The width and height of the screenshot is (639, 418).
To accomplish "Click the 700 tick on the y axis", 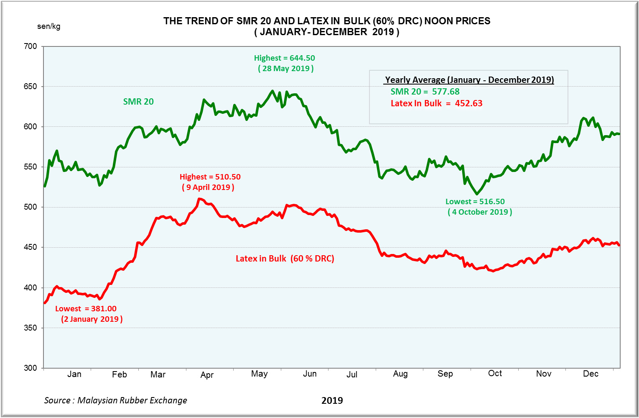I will tap(30, 46).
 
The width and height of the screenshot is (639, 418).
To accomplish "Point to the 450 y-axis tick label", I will tap(30, 247).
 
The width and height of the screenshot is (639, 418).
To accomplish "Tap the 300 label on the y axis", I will tap(30, 368).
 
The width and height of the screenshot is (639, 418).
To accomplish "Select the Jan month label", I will tap(74, 374).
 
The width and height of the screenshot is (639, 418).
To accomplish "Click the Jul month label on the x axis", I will tap(352, 374).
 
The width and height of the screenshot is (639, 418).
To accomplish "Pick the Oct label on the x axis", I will tap(495, 373).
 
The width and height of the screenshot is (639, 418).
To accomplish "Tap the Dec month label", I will tap(591, 374).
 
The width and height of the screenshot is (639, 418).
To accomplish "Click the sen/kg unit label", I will tap(48, 26).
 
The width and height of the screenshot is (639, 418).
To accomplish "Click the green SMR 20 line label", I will tap(138, 102).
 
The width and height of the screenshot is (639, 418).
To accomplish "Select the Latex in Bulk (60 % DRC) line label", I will tap(285, 259).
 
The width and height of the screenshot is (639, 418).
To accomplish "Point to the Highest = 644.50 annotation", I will tap(285, 58).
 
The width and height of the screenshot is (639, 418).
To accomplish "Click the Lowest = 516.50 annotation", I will tap(475, 202).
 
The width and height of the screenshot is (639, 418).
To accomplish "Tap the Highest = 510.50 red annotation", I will tap(210, 177).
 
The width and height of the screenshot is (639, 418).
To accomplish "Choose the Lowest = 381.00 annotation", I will tap(86, 309).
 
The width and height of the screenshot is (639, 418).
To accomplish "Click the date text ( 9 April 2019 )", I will tap(208, 187).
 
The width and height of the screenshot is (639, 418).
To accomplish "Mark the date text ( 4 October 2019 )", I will tap(480, 212).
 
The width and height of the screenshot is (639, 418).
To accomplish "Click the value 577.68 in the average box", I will tap(446, 92).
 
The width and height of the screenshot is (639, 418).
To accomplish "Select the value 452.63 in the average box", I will tap(468, 103).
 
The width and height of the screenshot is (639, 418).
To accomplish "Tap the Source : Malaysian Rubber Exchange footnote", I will tap(116, 400).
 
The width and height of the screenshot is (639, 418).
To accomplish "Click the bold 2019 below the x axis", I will tap(332, 401).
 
